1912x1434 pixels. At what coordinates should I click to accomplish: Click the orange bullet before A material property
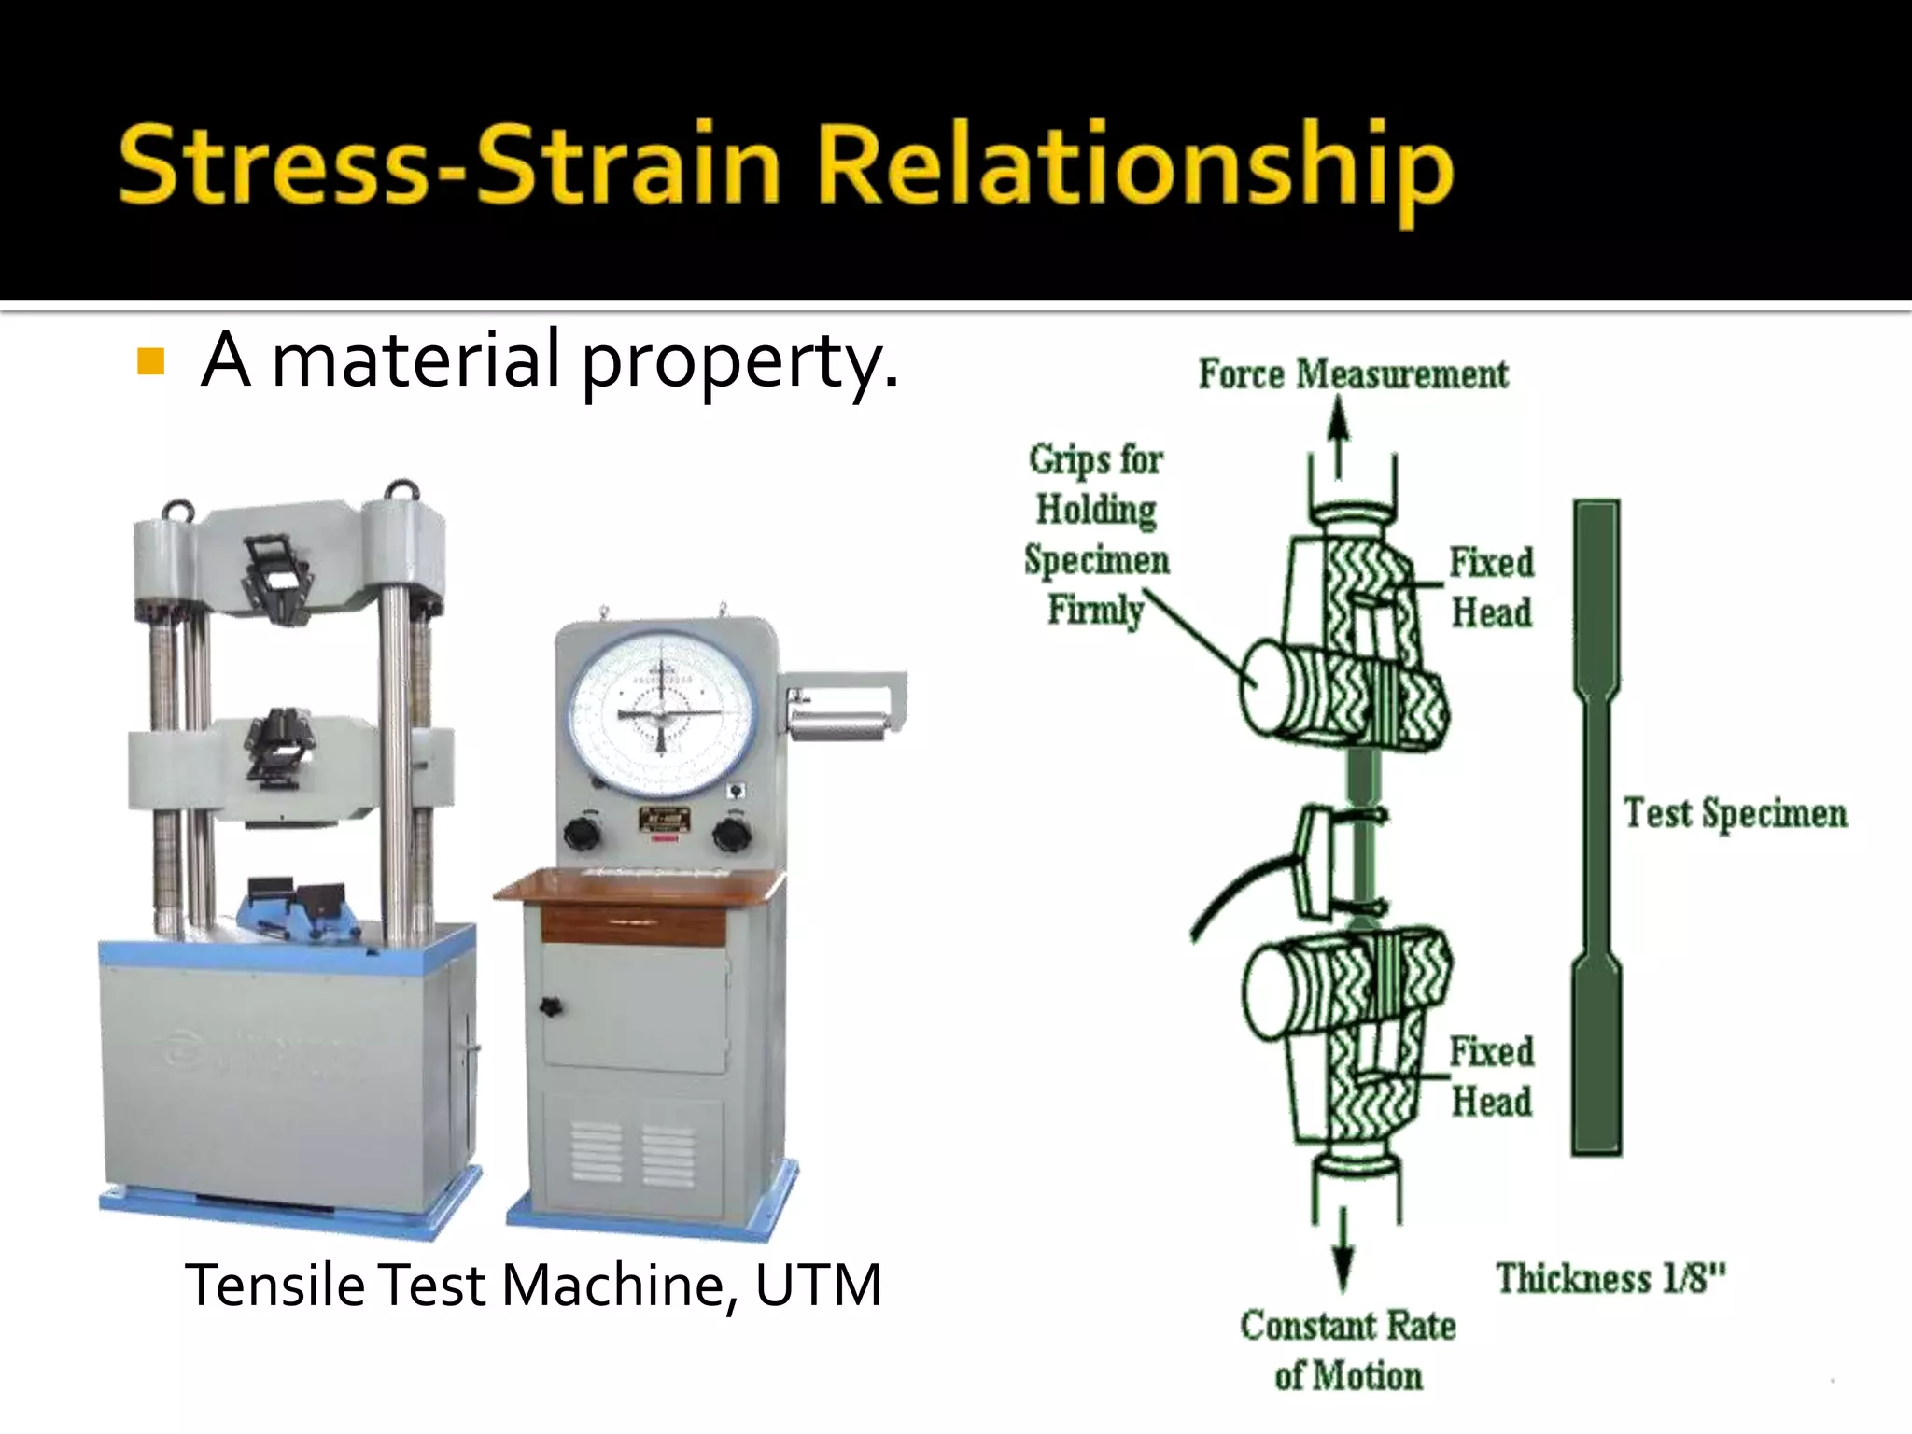point(150,361)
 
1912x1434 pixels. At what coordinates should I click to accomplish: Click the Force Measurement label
point(1353,374)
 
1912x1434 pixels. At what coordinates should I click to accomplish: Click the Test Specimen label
point(1735,813)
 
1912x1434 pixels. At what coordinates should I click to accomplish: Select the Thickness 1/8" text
point(1610,1278)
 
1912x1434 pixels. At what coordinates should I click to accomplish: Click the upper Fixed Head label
point(1491,587)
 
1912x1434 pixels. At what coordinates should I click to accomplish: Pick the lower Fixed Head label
point(1491,1076)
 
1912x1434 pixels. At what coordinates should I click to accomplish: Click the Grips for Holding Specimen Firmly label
point(1096,534)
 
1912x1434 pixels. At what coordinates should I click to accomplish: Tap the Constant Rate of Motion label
point(1348,1350)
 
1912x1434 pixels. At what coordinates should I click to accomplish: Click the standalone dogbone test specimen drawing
point(1596,827)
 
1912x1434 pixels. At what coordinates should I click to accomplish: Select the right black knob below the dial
point(731,833)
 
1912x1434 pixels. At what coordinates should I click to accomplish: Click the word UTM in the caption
point(818,1286)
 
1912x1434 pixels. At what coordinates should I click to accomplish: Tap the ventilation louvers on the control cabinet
point(631,1155)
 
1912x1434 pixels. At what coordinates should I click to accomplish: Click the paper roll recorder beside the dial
point(836,723)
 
